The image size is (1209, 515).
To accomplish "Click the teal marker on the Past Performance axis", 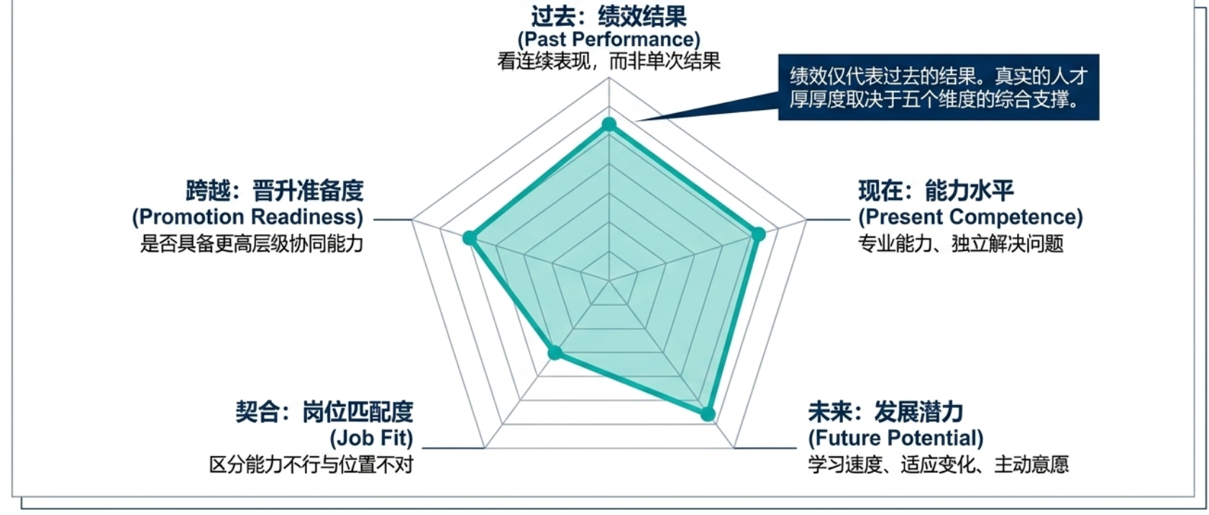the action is coord(609,124).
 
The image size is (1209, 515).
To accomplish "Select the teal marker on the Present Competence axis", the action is coord(758,234).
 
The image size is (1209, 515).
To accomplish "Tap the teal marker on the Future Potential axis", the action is coord(708,414).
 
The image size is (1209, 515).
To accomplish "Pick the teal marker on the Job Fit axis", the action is coord(555,353).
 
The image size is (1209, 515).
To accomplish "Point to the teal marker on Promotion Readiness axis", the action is coord(470,238).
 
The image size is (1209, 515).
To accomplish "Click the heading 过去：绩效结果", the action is coord(609,16).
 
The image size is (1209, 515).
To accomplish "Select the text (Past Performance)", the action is coord(609,40).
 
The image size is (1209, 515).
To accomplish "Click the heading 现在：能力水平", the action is coord(936,191).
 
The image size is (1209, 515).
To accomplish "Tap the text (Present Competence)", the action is coord(970,217).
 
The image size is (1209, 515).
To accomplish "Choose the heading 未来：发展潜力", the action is coord(885,412).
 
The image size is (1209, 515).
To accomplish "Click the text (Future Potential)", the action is coord(895,438).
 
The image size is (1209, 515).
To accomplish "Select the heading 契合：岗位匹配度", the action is coord(324,412).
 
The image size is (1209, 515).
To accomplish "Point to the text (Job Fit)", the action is coord(371,438).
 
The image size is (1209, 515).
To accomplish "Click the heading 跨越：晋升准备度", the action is coord(275,191).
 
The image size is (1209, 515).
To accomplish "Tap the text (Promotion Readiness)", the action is coord(247,217).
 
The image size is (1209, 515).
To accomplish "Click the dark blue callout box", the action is coord(939,87).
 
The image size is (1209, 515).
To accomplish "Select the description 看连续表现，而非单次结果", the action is coord(609,62).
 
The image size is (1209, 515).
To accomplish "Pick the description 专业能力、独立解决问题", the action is coord(961,244).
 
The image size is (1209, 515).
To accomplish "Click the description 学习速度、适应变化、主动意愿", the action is coord(938,465).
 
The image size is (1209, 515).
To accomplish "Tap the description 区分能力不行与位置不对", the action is coord(311,465).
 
